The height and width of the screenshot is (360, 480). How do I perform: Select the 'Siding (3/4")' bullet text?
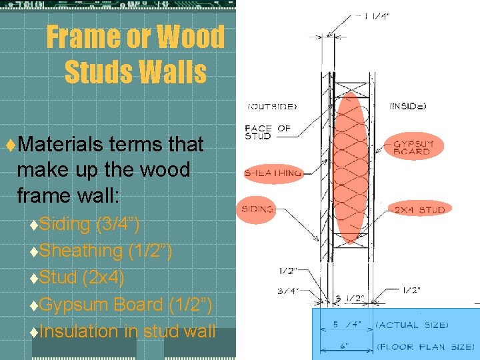(x=89, y=224)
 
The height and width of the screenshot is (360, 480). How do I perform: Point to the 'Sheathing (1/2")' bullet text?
(x=105, y=251)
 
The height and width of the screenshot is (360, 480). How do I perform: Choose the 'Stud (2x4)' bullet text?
(x=82, y=277)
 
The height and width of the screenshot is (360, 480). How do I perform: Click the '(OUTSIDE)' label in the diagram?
(x=272, y=106)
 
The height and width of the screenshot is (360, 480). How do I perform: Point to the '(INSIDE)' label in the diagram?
(x=407, y=106)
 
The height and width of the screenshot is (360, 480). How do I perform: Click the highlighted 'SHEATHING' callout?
(x=273, y=173)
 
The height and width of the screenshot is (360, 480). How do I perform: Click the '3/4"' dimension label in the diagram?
(x=288, y=291)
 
